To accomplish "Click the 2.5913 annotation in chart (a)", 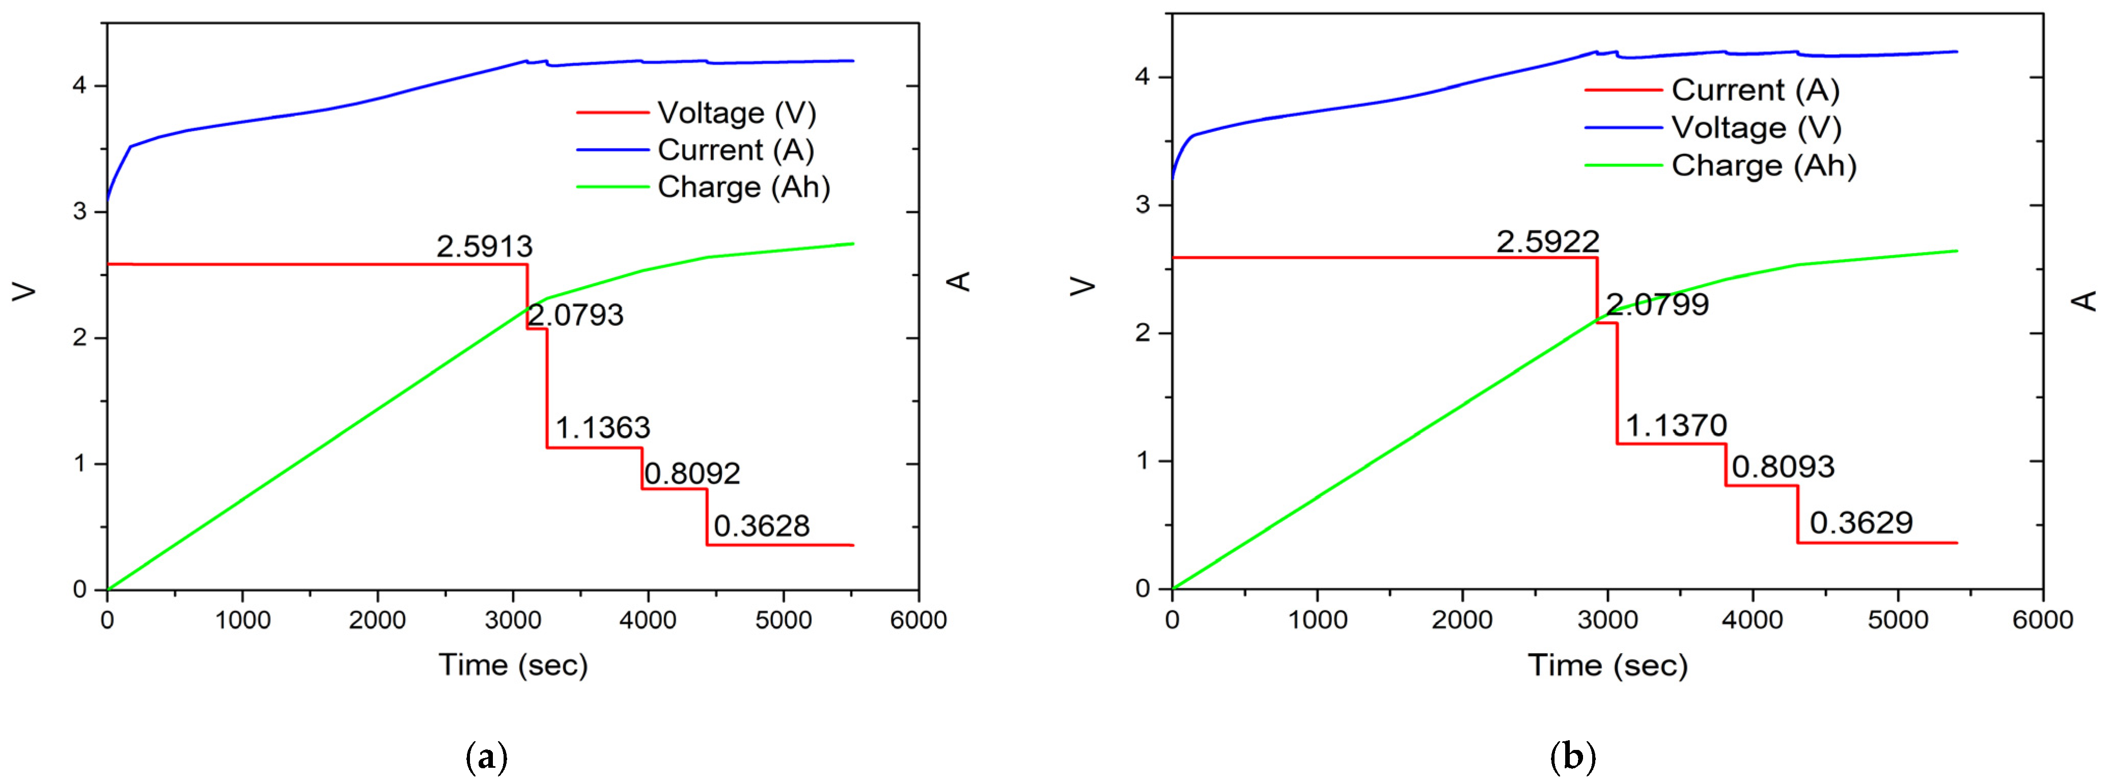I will click(484, 246).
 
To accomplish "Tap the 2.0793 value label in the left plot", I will click(575, 315).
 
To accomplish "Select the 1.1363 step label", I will click(602, 427).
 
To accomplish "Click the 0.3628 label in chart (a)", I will click(761, 526).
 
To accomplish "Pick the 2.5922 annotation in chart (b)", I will click(1547, 241).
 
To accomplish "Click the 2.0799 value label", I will click(1657, 304).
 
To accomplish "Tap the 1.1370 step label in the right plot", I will click(1676, 425).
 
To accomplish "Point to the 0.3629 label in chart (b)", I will click(1861, 523).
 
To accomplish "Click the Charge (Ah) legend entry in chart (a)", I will click(743, 187).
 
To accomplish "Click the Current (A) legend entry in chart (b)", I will click(1755, 90).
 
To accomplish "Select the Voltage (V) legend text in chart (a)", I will click(736, 113).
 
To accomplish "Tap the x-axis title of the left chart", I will click(513, 665).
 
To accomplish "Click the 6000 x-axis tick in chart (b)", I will click(2042, 619).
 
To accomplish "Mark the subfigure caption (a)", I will click(486, 758).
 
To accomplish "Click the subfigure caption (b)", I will click(1572, 758).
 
